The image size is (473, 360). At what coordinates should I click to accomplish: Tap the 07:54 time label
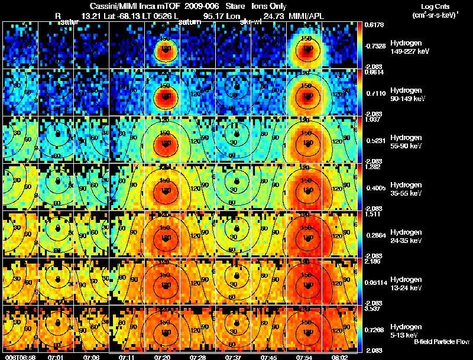[306, 357]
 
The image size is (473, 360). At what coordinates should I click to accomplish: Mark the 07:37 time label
[234, 357]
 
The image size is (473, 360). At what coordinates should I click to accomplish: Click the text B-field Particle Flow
[441, 342]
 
